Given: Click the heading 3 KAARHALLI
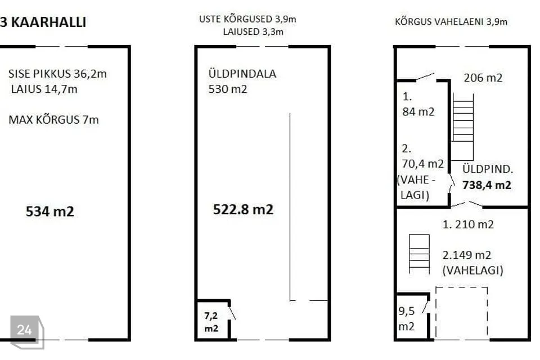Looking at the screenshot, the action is point(43,22).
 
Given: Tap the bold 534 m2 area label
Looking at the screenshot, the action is point(50,211).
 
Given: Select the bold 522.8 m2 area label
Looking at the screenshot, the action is point(243,209).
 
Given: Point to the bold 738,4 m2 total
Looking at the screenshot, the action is point(487,185).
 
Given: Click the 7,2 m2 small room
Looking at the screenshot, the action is point(211,322).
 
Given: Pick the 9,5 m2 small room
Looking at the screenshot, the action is point(406,319).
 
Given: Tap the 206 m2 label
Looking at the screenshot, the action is point(483,78).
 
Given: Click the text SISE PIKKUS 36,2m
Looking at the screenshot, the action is point(57,74).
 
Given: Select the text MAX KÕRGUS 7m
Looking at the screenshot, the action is point(54,120).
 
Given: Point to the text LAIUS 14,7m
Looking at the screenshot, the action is point(44,89).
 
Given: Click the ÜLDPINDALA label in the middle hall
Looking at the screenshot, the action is point(242,74).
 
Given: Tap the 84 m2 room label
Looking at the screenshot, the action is point(418,111).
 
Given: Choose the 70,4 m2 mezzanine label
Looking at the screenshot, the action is point(423,164).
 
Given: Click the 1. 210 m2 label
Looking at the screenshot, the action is point(468,224).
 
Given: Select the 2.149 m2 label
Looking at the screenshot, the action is point(467,255).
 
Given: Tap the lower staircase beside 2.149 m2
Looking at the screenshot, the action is point(419,254).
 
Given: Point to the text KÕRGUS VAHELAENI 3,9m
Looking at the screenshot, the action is point(451,22).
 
